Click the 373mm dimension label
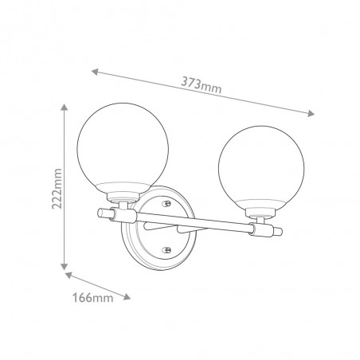tap(201, 85)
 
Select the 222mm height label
tap(57, 189)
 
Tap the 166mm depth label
tap(93, 297)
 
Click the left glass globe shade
tap(123, 149)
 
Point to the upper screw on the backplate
tap(167, 204)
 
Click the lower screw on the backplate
tap(167, 249)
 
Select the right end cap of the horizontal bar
tap(277, 231)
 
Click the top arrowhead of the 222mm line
tap(64, 108)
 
